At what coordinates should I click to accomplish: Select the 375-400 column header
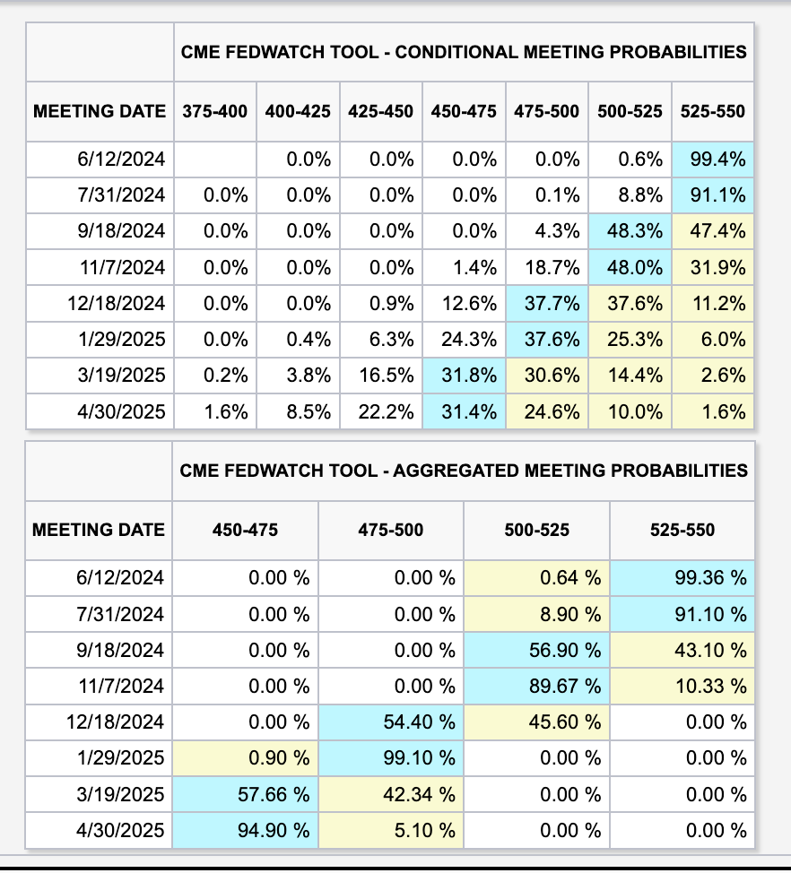pos(215,111)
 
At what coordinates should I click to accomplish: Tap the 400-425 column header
pos(298,111)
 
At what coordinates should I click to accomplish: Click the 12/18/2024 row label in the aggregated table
pos(117,722)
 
